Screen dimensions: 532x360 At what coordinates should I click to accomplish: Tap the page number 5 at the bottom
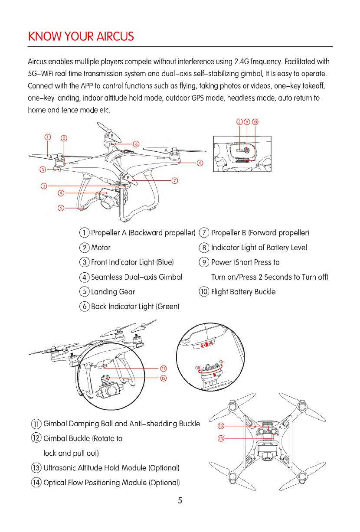180,501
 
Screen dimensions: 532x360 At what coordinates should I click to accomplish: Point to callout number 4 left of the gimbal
61,193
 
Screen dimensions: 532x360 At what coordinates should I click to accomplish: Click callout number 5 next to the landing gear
61,208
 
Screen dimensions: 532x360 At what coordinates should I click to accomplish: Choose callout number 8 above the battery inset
239,121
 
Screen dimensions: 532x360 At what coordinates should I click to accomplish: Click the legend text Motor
101,248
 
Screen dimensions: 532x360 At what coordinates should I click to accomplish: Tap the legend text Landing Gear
113,292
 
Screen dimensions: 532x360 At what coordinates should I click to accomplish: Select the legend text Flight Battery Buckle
243,292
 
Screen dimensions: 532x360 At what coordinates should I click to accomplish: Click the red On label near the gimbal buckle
222,362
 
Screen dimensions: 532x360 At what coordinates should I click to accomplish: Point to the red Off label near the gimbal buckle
197,368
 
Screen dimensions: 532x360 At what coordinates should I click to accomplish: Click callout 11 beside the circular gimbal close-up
164,369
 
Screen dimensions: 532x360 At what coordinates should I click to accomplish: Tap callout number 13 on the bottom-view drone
220,426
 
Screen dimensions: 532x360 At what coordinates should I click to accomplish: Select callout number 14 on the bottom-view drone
220,438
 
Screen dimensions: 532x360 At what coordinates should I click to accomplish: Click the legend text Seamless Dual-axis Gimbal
137,277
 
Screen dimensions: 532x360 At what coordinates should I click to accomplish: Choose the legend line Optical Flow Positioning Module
111,483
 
